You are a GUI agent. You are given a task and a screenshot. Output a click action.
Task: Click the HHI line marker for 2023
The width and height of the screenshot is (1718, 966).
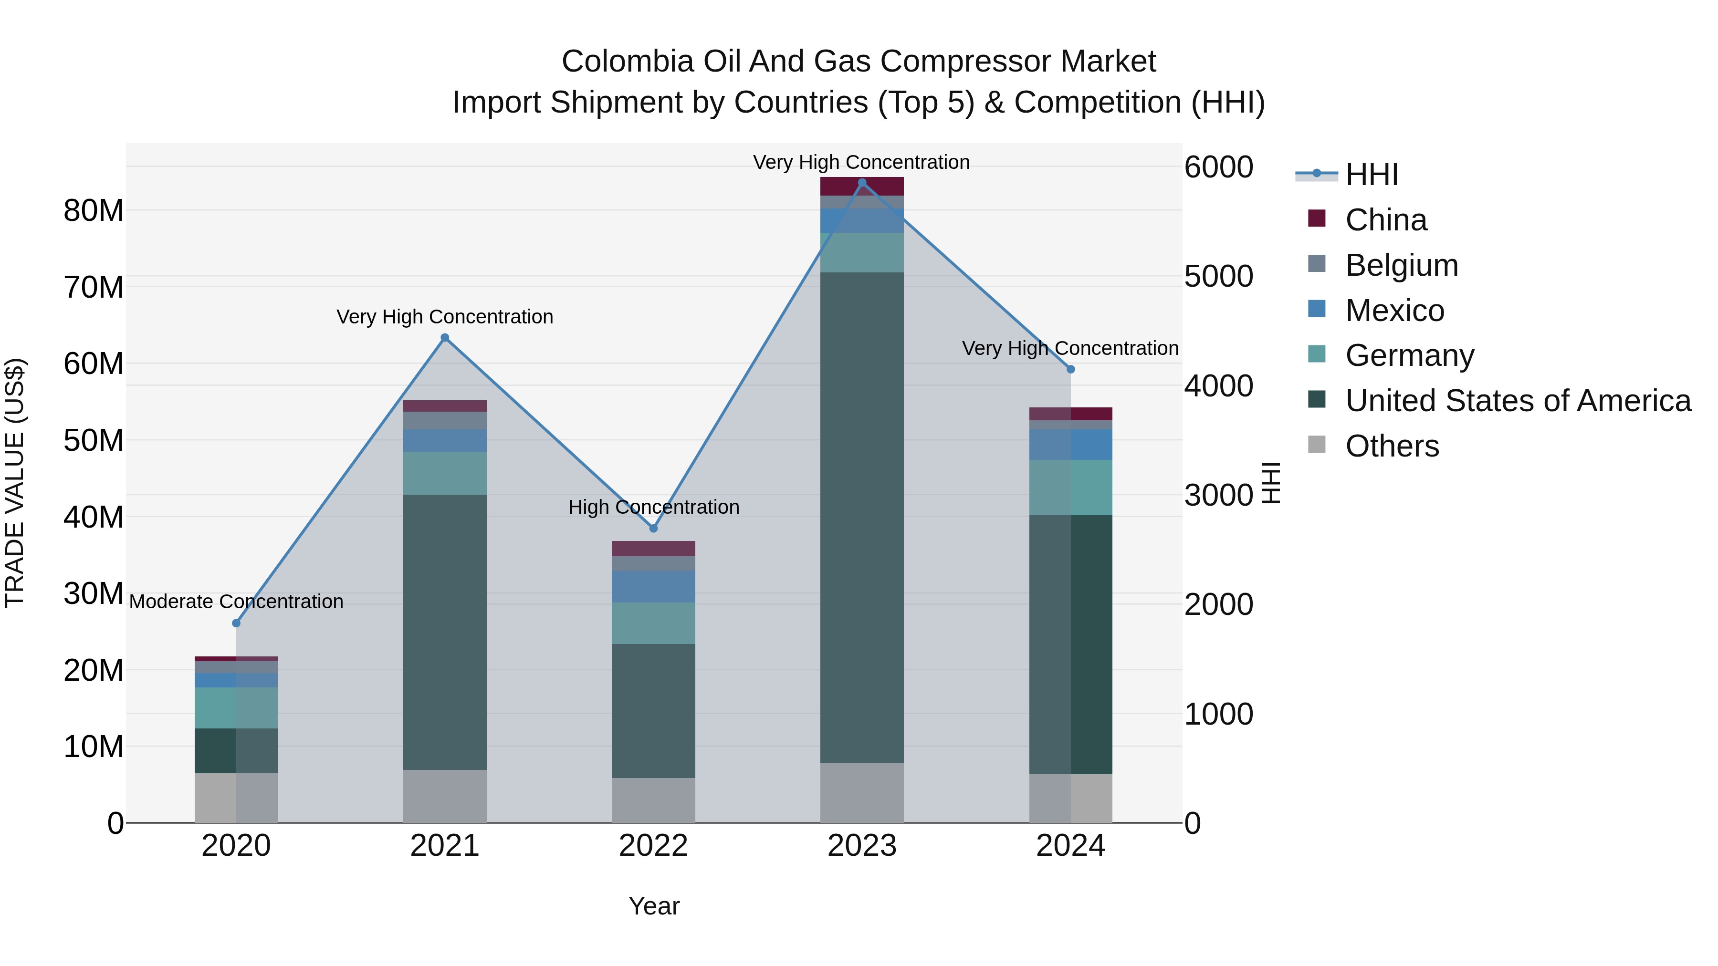pyautogui.click(x=862, y=183)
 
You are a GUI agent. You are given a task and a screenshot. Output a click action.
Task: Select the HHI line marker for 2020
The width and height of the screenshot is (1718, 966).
pyautogui.click(x=236, y=623)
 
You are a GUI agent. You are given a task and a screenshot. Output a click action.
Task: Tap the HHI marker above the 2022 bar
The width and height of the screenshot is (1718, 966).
pyautogui.click(x=654, y=528)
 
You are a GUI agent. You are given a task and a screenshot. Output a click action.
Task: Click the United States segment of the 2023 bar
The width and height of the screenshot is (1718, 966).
pyautogui.click(x=862, y=517)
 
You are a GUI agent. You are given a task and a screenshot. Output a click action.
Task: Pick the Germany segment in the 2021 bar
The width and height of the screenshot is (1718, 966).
pyautogui.click(x=445, y=473)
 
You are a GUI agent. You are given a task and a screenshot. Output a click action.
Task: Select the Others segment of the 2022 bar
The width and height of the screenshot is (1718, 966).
pyautogui.click(x=654, y=800)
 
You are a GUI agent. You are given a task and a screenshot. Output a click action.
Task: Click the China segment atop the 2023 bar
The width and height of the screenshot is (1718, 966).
pyautogui.click(x=862, y=186)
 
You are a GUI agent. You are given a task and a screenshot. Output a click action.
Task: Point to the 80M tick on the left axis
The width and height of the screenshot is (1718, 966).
pyautogui.click(x=94, y=211)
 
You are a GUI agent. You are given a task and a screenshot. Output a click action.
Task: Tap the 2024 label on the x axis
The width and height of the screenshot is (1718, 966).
pyautogui.click(x=1070, y=846)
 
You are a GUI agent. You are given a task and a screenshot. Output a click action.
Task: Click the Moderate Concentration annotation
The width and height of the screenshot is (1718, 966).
pyautogui.click(x=236, y=602)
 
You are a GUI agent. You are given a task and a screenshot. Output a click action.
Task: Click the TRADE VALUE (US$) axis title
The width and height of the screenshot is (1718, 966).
pyautogui.click(x=15, y=483)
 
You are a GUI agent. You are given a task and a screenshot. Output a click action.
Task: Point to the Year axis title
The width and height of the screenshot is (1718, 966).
pyautogui.click(x=654, y=906)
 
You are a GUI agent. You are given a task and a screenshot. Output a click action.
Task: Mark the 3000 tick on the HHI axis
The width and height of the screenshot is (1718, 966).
pyautogui.click(x=1218, y=495)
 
